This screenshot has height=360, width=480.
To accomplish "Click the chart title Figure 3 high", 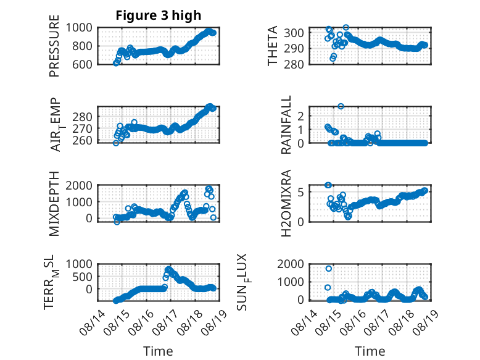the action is coord(159,15).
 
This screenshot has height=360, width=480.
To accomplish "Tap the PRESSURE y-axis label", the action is coord(54,46).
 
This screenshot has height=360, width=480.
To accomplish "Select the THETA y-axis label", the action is coord(272,46).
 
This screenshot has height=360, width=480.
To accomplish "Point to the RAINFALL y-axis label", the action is coord(286,125).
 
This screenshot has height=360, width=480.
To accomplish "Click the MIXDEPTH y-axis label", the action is coord(54,204).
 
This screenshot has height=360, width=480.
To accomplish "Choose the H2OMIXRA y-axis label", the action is coord(286,203).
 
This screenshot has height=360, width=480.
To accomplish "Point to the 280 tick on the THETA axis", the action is coord(294,64).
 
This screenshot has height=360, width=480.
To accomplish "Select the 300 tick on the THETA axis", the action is coord(294,33).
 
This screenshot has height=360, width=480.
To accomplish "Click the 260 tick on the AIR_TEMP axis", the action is coord(82,140).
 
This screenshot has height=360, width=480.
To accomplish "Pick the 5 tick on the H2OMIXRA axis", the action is coord(300,192).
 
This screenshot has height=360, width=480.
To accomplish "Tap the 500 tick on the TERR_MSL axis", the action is coord(82,277).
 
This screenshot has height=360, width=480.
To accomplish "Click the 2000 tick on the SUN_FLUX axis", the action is coord(291,264).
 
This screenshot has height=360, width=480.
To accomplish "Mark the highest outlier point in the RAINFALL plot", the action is coord(341,106).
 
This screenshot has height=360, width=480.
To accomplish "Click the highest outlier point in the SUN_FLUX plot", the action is coord(329,269).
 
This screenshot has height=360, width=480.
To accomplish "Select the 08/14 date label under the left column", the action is coord(93,322).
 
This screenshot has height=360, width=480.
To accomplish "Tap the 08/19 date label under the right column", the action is coord(426,322).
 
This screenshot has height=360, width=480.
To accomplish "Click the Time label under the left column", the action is coord(158,351).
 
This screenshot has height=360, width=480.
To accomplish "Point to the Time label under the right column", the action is coord(370,351).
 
